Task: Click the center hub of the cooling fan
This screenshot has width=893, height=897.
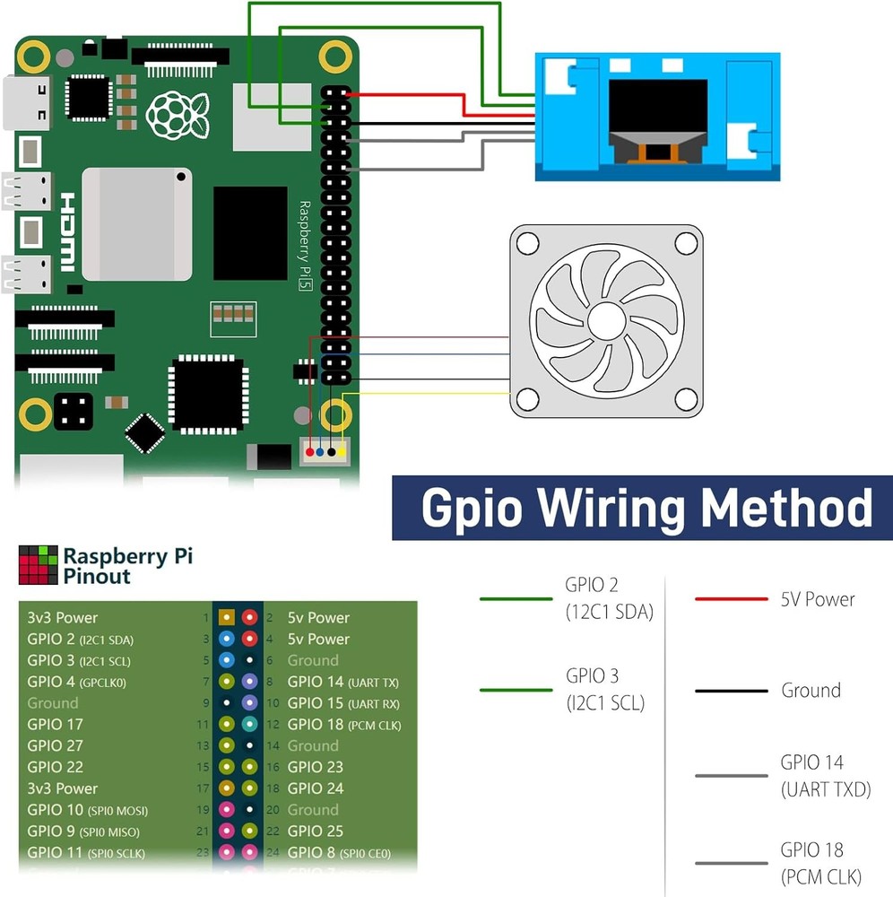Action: (607, 321)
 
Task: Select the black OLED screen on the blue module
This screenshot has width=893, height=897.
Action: (657, 105)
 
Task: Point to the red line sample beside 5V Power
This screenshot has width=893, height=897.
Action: (731, 599)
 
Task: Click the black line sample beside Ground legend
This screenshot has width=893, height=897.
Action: (731, 691)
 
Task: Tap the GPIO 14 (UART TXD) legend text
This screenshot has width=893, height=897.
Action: (811, 776)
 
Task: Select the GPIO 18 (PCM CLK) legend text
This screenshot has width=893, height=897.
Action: (811, 863)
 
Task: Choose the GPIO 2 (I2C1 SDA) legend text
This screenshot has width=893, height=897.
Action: (609, 598)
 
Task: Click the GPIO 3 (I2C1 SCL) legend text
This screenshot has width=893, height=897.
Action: (605, 689)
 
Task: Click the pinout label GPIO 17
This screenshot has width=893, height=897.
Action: (56, 724)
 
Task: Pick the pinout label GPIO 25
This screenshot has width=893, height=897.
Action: (316, 832)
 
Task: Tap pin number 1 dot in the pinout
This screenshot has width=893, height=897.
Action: (227, 618)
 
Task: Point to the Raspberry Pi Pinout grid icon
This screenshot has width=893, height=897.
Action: (37, 564)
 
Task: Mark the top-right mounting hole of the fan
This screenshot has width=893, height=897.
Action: (686, 242)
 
